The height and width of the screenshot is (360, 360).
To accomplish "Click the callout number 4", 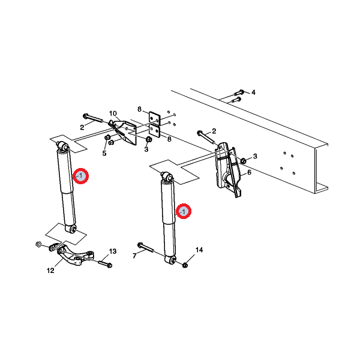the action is tap(253, 92).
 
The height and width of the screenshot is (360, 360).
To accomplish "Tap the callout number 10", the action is tap(113, 113).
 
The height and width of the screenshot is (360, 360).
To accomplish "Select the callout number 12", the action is tap(50, 271).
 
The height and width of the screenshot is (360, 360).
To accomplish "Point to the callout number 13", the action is tap(113, 251).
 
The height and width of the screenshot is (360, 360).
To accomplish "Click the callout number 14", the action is tap(199, 250).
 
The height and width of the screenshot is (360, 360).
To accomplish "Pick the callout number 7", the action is tap(135, 256).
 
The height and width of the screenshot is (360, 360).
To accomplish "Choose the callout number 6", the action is tap(250, 172).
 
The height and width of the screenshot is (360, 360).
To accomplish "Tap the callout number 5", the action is tap(104, 153).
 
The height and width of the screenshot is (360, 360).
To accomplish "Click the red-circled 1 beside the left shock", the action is tap(80, 176).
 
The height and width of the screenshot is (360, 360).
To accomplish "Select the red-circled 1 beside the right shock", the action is tap(184, 211).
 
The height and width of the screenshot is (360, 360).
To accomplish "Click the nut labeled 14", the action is tap(185, 265).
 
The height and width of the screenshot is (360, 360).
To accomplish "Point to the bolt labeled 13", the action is tap(105, 263).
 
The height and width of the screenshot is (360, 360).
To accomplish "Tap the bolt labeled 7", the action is tap(146, 247).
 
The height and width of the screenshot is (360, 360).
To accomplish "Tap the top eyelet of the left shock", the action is tap(62, 146).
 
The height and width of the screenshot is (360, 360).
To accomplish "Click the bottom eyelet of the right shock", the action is tap(170, 260).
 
